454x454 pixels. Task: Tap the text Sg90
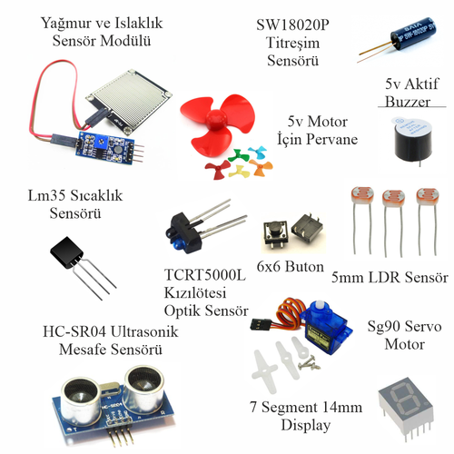(385, 324)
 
